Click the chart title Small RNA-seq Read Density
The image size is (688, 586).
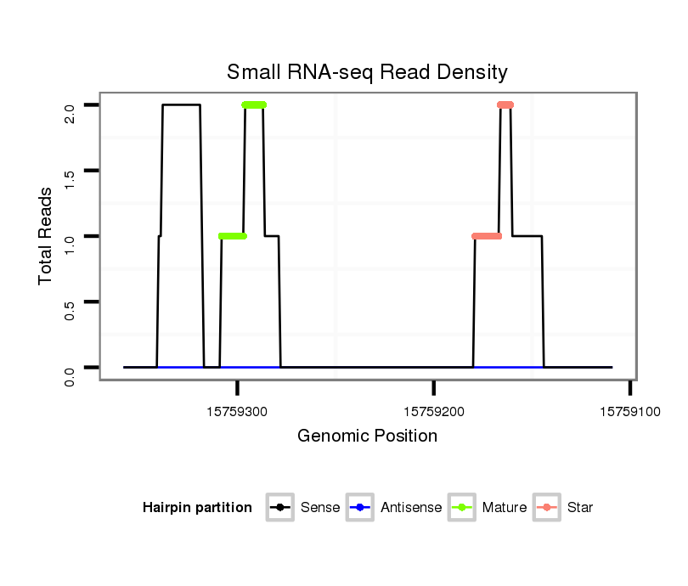367,72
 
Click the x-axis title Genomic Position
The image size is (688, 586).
367,437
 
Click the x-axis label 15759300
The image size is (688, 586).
237,411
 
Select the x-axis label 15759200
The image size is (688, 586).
434,411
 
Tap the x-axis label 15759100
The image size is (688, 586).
629,411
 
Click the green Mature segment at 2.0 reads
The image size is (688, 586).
254,104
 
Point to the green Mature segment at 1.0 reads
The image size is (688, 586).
233,236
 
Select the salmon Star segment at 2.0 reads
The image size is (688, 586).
505,104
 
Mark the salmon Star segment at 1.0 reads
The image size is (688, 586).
487,236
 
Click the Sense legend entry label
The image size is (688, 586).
320,508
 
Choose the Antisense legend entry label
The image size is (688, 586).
412,508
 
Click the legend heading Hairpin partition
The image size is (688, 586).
197,508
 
